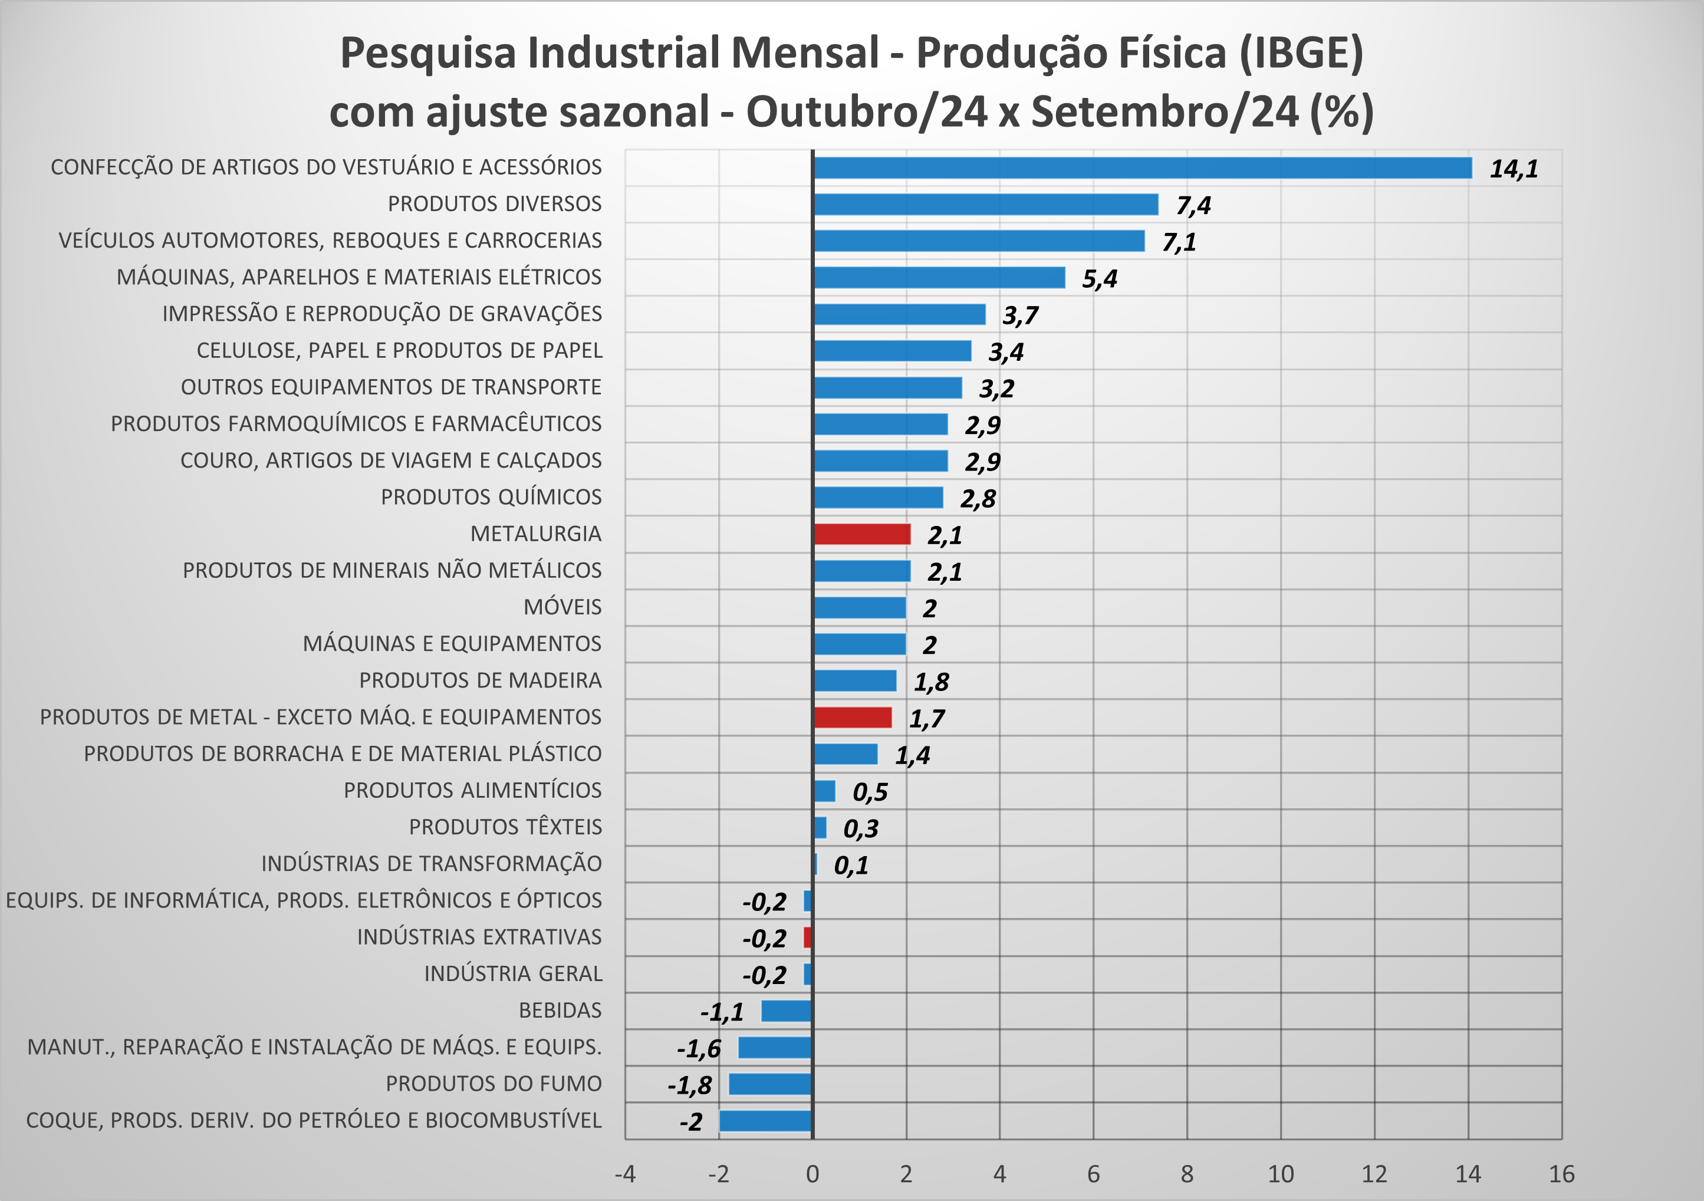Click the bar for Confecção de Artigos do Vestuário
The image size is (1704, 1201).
[1142, 168]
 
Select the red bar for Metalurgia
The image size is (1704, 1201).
[861, 534]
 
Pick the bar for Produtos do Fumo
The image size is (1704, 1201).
[771, 1084]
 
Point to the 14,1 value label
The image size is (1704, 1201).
[1514, 169]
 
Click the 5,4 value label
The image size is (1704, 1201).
[1099, 279]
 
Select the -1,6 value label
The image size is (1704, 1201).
[698, 1048]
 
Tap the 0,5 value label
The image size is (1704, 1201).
[870, 792]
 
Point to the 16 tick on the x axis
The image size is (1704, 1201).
[1561, 1173]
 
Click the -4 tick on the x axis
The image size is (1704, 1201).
[625, 1173]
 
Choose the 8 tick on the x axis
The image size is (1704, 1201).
[1187, 1173]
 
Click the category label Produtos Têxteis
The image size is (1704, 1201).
[505, 827]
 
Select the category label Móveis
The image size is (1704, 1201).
[562, 607]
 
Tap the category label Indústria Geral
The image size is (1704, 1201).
[513, 974]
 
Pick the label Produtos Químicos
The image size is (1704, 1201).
[491, 498]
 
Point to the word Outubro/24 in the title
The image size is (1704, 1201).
[866, 112]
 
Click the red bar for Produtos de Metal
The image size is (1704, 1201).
[852, 717]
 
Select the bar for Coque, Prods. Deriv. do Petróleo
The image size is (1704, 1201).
[765, 1121]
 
